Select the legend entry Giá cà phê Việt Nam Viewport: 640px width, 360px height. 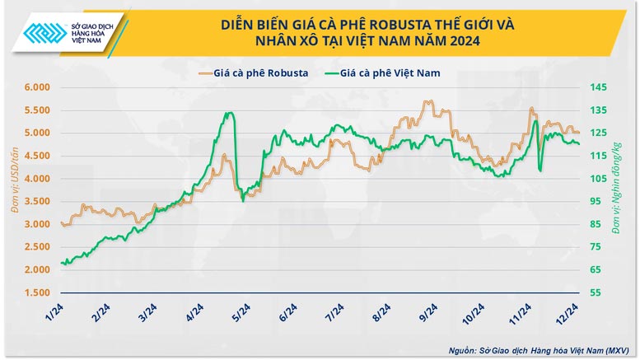[390, 72]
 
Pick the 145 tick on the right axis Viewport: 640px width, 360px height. [598, 87]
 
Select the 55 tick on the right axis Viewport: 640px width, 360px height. [596, 292]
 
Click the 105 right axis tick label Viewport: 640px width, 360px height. [598, 179]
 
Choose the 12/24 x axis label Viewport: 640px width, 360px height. [566, 314]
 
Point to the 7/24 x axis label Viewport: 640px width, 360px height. [334, 313]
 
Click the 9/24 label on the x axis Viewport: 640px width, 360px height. [427, 313]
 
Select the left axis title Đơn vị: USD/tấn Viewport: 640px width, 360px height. [14, 189]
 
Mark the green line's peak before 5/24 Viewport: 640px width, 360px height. [229, 113]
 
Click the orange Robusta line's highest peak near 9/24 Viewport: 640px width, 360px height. [427, 101]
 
